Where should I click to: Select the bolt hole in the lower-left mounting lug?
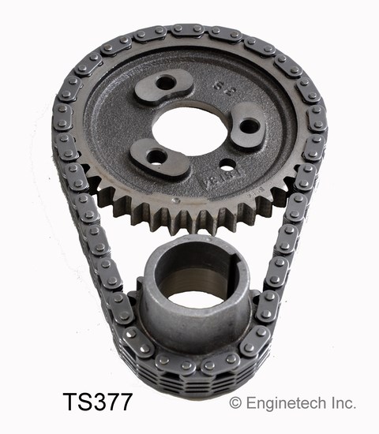(x=155, y=156)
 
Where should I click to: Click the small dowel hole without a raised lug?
(x=227, y=166)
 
